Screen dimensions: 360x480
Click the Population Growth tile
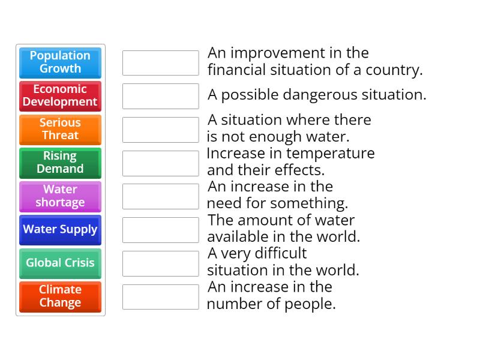tap(60, 62)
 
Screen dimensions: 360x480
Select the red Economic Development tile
tap(60, 96)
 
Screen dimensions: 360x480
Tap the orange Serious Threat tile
tap(60, 129)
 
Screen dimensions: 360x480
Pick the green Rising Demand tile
tap(60, 163)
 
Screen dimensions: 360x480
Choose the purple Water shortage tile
tap(60, 196)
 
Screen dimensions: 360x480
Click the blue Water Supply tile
tap(60, 230)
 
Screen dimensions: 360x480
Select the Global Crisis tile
tap(60, 263)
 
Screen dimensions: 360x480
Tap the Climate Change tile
tap(60, 296)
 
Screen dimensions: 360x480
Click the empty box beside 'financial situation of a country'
tap(160, 63)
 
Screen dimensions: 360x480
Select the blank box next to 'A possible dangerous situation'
tap(160, 96)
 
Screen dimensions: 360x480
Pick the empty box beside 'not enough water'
tap(160, 130)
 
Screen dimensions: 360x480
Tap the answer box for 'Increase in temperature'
tap(160, 163)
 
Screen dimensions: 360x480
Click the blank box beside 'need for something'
tap(160, 196)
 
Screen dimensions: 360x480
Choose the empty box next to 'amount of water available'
tap(160, 230)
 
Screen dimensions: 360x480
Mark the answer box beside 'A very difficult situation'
tap(160, 263)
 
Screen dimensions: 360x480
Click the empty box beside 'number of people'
tap(160, 297)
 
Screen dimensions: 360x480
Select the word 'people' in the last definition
tap(313, 304)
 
